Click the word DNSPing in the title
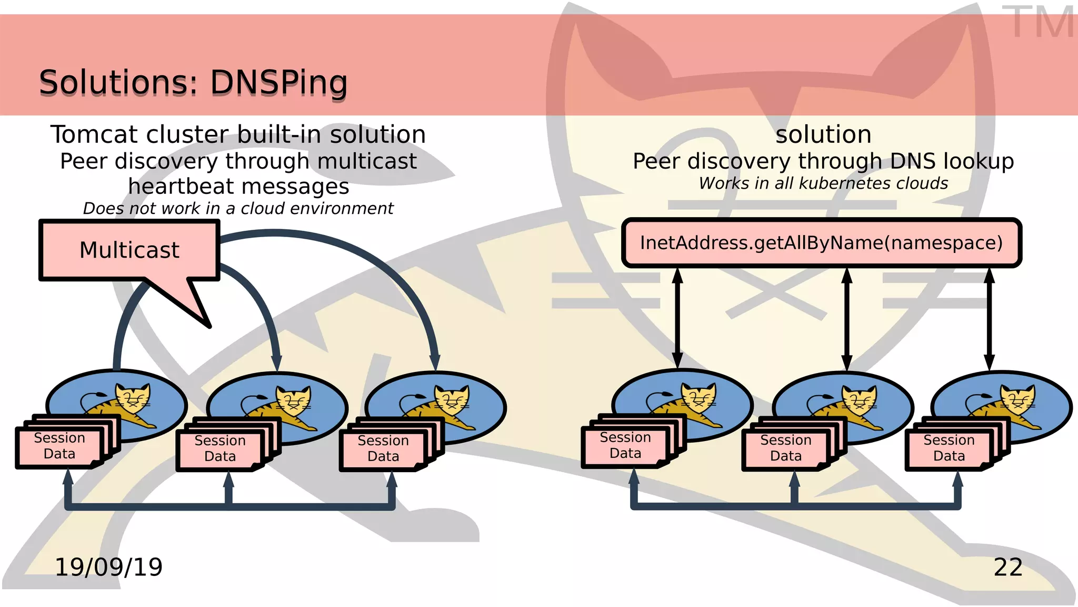279,83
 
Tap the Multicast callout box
129,250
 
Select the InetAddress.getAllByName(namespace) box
821,243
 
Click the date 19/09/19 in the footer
108,567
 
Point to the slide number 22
1008,567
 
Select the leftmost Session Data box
59,446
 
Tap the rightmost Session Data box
949,448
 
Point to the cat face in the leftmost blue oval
133,399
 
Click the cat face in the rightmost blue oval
1017,400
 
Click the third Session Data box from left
383,449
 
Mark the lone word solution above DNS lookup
823,135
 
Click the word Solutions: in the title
118,83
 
